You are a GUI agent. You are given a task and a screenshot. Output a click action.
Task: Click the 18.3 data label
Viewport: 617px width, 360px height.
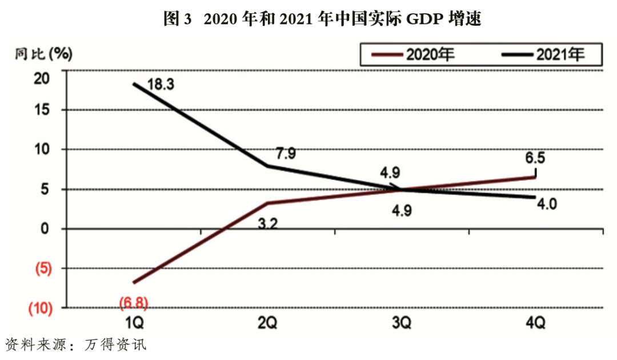tap(161, 85)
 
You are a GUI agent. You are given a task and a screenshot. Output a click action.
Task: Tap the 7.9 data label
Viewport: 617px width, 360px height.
tap(286, 153)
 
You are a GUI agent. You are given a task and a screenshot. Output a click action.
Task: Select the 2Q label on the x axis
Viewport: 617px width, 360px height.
tap(267, 323)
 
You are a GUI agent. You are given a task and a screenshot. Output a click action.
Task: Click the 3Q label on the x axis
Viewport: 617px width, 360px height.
tap(402, 323)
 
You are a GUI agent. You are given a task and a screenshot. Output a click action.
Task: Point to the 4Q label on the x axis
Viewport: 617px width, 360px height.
tap(535, 323)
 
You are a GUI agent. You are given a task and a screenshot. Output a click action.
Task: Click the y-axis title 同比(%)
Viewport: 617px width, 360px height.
tap(43, 54)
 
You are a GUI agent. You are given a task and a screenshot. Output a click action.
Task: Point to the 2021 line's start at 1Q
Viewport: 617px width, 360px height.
tap(134, 84)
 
